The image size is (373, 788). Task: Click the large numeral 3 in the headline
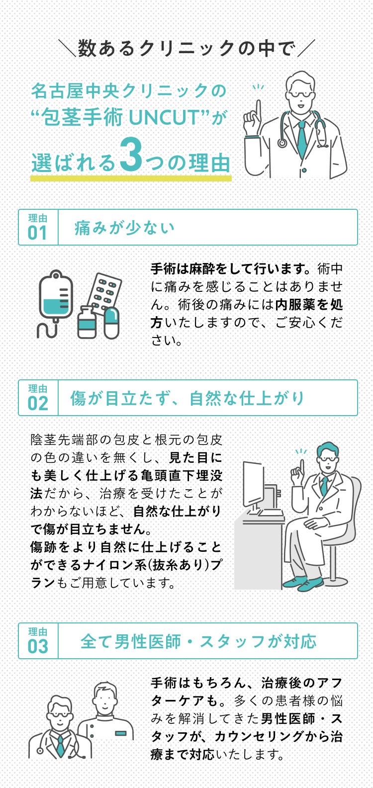[x=130, y=154]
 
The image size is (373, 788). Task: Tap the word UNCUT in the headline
[x=165, y=117]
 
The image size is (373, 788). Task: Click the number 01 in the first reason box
[x=37, y=233]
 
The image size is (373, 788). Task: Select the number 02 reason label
[x=38, y=404]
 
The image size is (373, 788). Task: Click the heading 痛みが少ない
[x=124, y=228]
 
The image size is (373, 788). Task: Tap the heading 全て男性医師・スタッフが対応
[x=198, y=641]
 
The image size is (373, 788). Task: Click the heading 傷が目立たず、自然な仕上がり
[x=187, y=398]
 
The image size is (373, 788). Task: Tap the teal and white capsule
[x=111, y=323]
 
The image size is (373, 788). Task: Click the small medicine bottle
[x=87, y=323]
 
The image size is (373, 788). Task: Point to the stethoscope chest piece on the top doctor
[x=282, y=143]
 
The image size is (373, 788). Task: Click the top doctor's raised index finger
[x=258, y=109]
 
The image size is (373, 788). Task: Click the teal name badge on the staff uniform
[x=121, y=733]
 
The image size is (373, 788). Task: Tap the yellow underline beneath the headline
[x=131, y=178]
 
